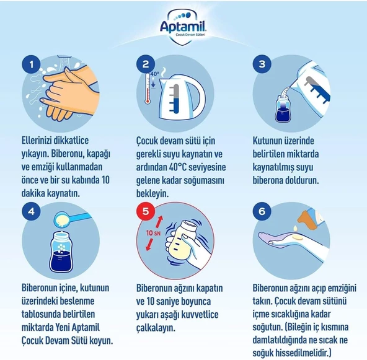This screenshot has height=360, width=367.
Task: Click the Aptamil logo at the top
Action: click(x=183, y=27)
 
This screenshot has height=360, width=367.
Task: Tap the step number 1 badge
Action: click(x=31, y=64)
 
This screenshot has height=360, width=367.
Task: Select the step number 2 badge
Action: click(x=146, y=64)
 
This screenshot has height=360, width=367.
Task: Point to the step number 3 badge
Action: click(x=262, y=64)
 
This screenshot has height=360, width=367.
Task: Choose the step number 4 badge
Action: click(x=31, y=211)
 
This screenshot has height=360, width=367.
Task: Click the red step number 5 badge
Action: click(x=146, y=211)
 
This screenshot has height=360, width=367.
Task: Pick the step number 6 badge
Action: click(x=262, y=211)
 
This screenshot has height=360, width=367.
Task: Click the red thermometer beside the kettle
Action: click(x=148, y=89)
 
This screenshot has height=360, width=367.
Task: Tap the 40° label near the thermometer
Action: click(x=155, y=74)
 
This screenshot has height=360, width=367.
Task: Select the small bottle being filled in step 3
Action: click(x=283, y=108)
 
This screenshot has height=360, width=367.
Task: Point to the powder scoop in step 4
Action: click(x=70, y=219)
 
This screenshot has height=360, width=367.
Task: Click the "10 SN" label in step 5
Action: click(x=153, y=233)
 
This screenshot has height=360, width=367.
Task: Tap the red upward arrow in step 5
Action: click(x=159, y=222)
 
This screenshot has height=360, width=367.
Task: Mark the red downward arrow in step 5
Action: click(x=149, y=245)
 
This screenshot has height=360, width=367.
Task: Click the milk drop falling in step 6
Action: click(x=296, y=227)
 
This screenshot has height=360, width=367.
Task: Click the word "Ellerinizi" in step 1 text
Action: click(x=37, y=141)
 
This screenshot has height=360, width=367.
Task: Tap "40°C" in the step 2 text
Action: click(x=178, y=167)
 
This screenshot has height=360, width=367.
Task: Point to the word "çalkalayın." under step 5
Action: click(x=156, y=328)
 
